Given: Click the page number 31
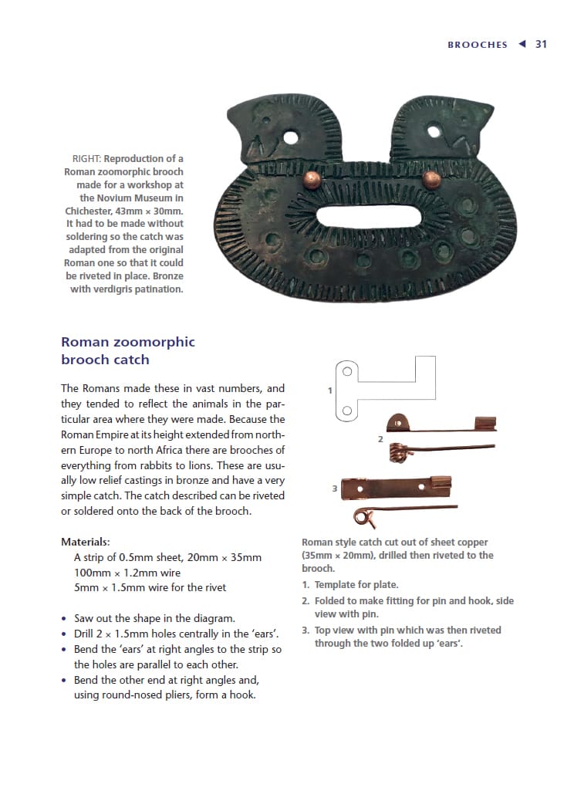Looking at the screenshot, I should coord(541,44).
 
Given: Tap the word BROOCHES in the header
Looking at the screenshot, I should coord(477,45).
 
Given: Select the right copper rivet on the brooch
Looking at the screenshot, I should coord(432,179).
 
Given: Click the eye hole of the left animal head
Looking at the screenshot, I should coord(290,138).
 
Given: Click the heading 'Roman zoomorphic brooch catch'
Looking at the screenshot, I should coord(127,350).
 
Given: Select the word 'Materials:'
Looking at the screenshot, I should coord(85,542).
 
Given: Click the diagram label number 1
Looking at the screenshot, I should coord(330,390).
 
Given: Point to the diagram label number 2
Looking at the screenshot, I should coord(380,439).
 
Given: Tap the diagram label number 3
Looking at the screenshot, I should coord(334,489).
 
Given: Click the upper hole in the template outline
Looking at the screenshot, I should coord(347,371).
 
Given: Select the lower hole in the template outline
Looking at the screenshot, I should coord(347,410).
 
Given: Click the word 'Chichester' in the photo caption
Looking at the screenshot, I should coord(90,211).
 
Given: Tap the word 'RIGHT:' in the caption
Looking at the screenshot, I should coord(86,159).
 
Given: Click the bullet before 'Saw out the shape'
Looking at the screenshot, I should coord(63,619).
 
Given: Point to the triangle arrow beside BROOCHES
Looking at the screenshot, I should coord(522,44).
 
